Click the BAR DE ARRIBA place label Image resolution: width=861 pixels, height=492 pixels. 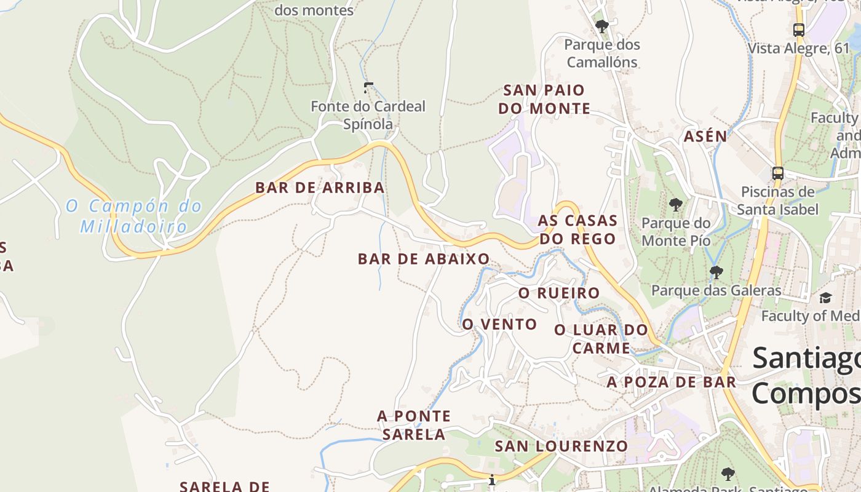coord(320,188)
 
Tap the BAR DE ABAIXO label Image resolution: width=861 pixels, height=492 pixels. coord(424,259)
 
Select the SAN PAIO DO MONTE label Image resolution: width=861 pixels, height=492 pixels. coord(544,99)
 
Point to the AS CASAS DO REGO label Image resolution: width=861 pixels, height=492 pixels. coord(577,229)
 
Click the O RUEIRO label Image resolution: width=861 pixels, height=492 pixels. coord(559,293)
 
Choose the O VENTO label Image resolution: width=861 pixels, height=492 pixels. coord(499,324)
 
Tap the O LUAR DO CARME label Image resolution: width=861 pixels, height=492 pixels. coord(601,339)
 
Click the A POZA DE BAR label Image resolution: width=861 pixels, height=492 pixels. coord(672,382)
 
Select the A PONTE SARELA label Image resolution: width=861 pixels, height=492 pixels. coord(414,425)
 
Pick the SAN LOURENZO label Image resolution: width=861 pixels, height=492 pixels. coord(561,446)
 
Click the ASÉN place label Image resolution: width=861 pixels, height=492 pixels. coord(705,137)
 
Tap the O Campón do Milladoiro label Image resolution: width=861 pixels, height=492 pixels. coord(134,215)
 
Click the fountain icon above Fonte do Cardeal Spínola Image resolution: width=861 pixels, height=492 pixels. coord(368,88)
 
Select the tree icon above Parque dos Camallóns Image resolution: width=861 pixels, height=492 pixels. coord(602,26)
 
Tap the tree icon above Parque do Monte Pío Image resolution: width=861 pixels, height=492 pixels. coord(676,205)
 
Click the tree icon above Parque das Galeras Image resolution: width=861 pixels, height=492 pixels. coord(716,272)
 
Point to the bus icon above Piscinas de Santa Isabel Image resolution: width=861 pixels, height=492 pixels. coord(778,173)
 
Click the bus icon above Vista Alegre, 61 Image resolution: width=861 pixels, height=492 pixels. coord(799,30)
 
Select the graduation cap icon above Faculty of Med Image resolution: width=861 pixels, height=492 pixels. coord(825,298)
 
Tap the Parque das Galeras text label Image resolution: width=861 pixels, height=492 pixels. coord(716,290)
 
